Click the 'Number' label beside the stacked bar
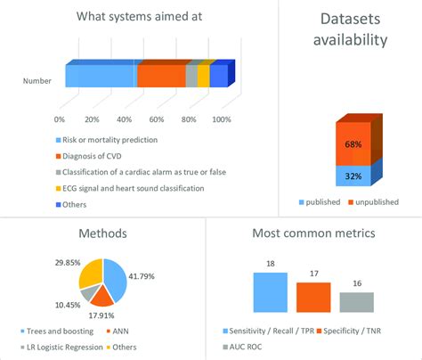(x=37, y=82)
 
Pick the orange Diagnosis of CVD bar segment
(x=160, y=77)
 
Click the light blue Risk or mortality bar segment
(x=101, y=77)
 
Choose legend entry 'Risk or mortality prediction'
(x=109, y=140)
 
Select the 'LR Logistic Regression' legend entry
(x=68, y=346)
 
